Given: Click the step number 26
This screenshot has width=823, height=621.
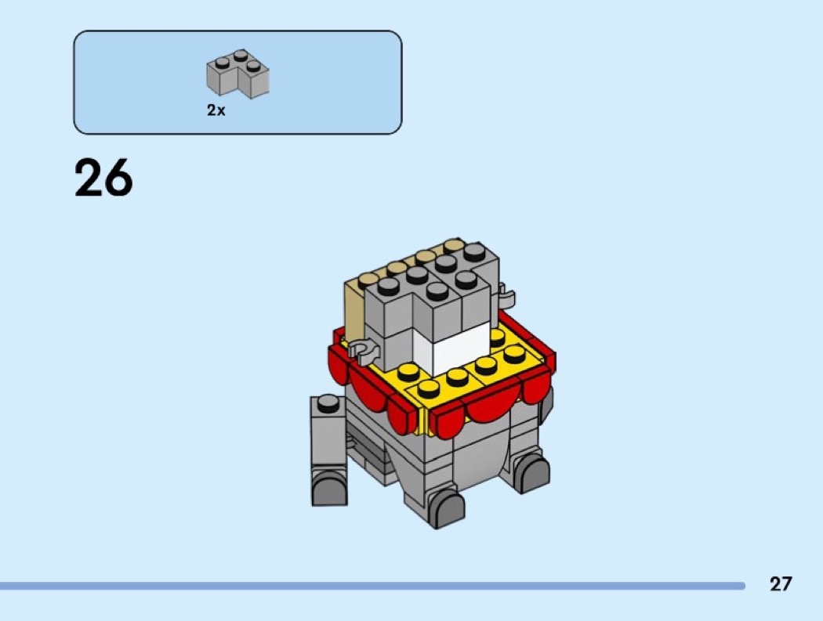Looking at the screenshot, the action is tap(103, 178).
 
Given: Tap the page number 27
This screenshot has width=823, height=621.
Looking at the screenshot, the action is tap(781, 583).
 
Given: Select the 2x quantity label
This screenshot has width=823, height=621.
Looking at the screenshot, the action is tap(216, 110).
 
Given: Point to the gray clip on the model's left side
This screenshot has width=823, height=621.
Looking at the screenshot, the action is tap(364, 350).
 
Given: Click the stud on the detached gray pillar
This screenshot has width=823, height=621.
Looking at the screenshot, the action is tap(328, 403).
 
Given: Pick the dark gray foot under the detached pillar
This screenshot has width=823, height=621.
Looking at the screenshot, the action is tap(330, 487).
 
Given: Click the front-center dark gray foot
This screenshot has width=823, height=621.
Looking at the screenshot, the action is tap(446, 508).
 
